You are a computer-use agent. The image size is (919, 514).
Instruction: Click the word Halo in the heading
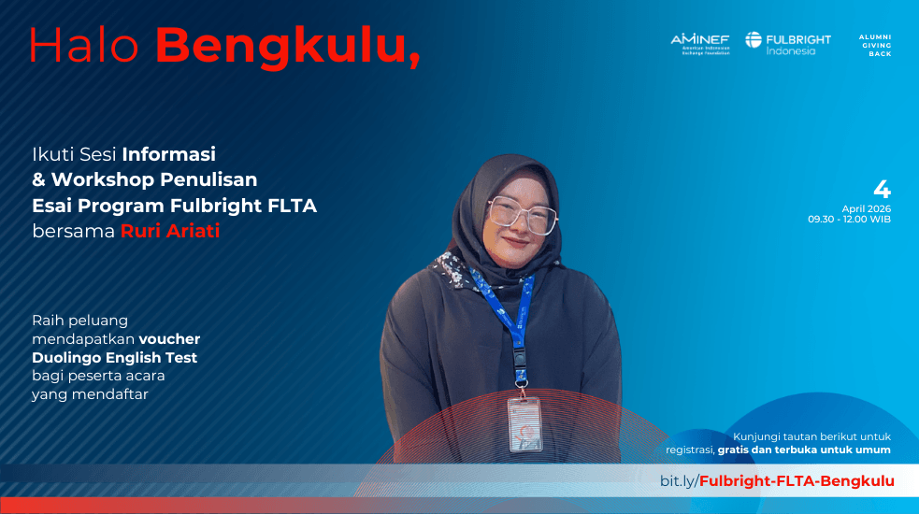coord(83,45)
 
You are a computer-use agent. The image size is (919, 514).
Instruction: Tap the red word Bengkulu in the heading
coord(288,47)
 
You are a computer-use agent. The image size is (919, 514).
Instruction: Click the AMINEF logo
coord(700,44)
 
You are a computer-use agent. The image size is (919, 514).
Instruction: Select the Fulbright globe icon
coord(754,40)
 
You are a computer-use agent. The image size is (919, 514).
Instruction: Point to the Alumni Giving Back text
coord(875,45)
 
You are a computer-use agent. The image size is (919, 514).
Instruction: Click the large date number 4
coord(882,190)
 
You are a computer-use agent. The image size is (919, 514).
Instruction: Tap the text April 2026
coord(867,208)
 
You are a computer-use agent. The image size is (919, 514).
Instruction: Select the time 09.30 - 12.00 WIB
coord(849,220)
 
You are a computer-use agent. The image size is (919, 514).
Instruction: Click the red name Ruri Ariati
coord(170,231)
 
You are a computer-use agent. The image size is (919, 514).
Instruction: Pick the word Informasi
coord(169,154)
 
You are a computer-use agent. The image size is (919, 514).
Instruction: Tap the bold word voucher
coord(169,339)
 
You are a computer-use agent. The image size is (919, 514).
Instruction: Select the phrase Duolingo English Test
coord(114,358)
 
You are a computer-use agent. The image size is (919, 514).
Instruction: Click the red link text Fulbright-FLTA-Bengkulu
coord(797,481)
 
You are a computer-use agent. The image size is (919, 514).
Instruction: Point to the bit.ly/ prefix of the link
coord(680,481)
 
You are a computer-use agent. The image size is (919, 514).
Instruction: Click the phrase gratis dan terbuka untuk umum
coord(804,450)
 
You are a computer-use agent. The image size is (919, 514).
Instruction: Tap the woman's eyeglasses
coord(523,215)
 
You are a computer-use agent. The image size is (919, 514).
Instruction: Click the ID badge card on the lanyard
coord(525,424)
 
